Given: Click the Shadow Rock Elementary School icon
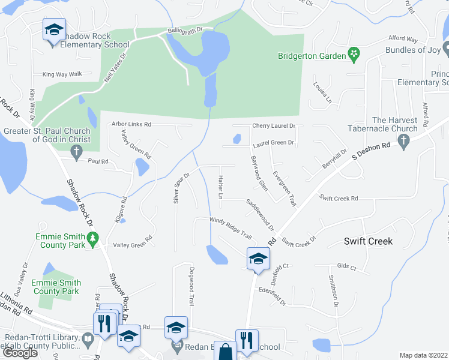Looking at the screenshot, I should pyautogui.click(x=53, y=30).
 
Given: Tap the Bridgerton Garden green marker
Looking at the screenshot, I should pyautogui.click(x=354, y=56).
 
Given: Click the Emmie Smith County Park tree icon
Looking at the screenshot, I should pyautogui.click(x=92, y=240).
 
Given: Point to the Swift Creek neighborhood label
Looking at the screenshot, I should pyautogui.click(x=368, y=241).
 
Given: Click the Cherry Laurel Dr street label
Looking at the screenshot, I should pyautogui.click(x=274, y=126).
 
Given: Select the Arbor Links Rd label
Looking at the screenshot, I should pyautogui.click(x=131, y=124).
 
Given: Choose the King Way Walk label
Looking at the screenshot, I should pyautogui.click(x=62, y=74).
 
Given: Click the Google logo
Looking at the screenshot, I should pyautogui.click(x=20, y=353).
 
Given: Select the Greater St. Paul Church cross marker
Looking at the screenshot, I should pyautogui.click(x=76, y=154).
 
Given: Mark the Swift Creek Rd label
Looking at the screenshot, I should pyautogui.click(x=339, y=198).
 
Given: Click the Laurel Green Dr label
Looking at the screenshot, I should pyautogui.click(x=273, y=143).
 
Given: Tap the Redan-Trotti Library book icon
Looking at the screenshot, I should pyautogui.click(x=88, y=340).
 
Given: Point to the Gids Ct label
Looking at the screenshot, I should pyautogui.click(x=346, y=267).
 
